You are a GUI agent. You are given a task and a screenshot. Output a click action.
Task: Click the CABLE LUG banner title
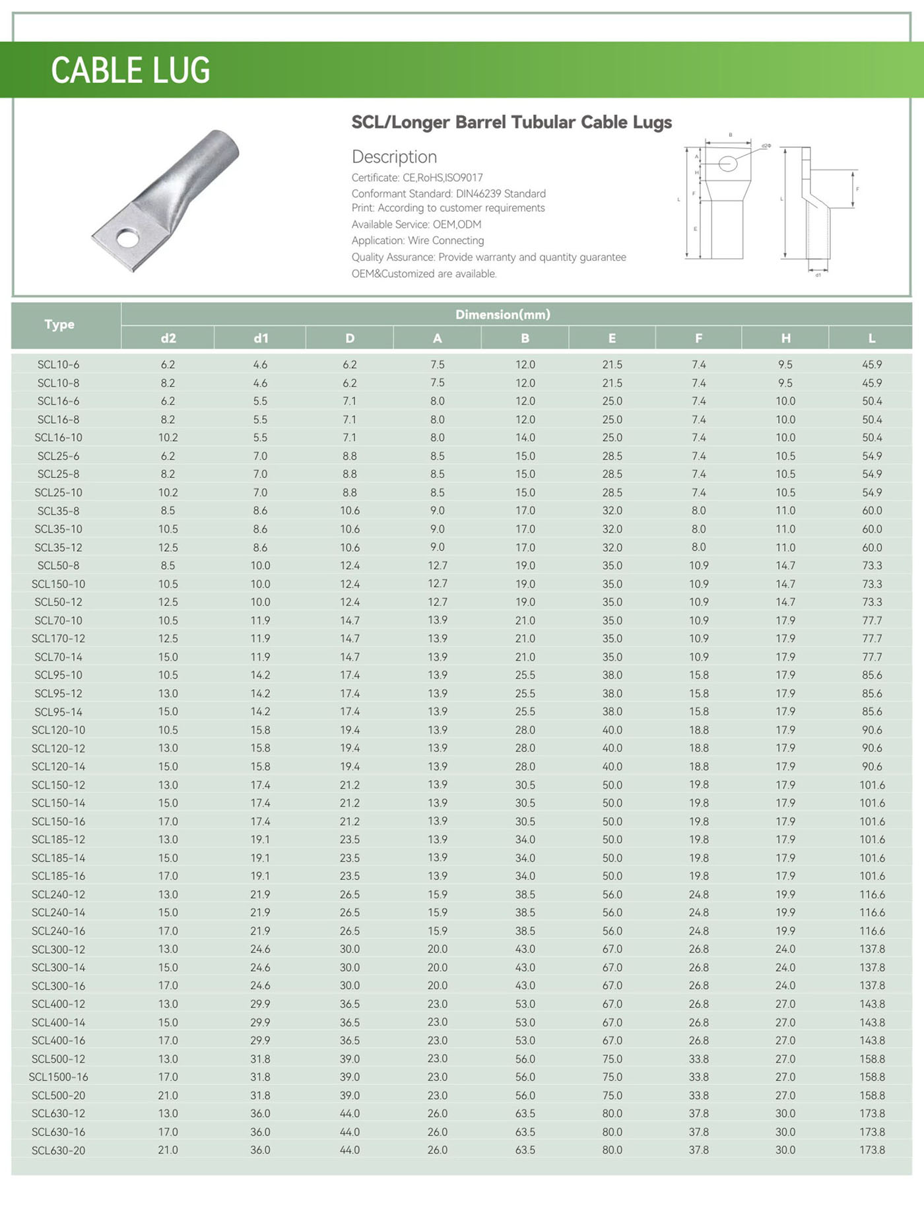(131, 70)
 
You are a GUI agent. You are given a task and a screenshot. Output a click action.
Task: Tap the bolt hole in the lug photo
(128, 238)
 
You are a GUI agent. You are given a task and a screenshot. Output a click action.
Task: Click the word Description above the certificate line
(394, 157)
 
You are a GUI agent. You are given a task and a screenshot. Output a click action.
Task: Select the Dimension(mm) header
(502, 315)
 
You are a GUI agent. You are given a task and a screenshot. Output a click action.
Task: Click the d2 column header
(168, 338)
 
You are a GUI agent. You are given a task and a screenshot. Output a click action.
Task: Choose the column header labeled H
(785, 338)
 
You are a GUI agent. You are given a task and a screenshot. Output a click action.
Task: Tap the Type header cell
(59, 324)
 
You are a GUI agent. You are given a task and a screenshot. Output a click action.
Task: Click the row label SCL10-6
(58, 364)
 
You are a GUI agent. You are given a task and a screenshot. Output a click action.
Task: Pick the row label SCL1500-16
(58, 1077)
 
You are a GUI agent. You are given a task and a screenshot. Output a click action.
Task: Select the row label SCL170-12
(58, 638)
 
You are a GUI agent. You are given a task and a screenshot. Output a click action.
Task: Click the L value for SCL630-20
(872, 1150)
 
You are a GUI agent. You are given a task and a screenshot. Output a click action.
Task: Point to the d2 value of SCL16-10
(168, 438)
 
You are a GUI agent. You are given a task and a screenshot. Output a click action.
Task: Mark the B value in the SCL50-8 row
(525, 566)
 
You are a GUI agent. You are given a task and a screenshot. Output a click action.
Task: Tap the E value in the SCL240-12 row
(612, 894)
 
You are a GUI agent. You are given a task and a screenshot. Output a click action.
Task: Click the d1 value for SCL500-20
(260, 1095)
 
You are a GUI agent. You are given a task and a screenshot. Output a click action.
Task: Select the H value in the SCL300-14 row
(785, 967)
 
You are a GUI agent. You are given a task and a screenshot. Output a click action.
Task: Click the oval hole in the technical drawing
(727, 163)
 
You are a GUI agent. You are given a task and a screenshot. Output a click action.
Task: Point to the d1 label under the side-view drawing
(818, 275)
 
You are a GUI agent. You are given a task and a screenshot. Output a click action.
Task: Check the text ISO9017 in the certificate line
(464, 178)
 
